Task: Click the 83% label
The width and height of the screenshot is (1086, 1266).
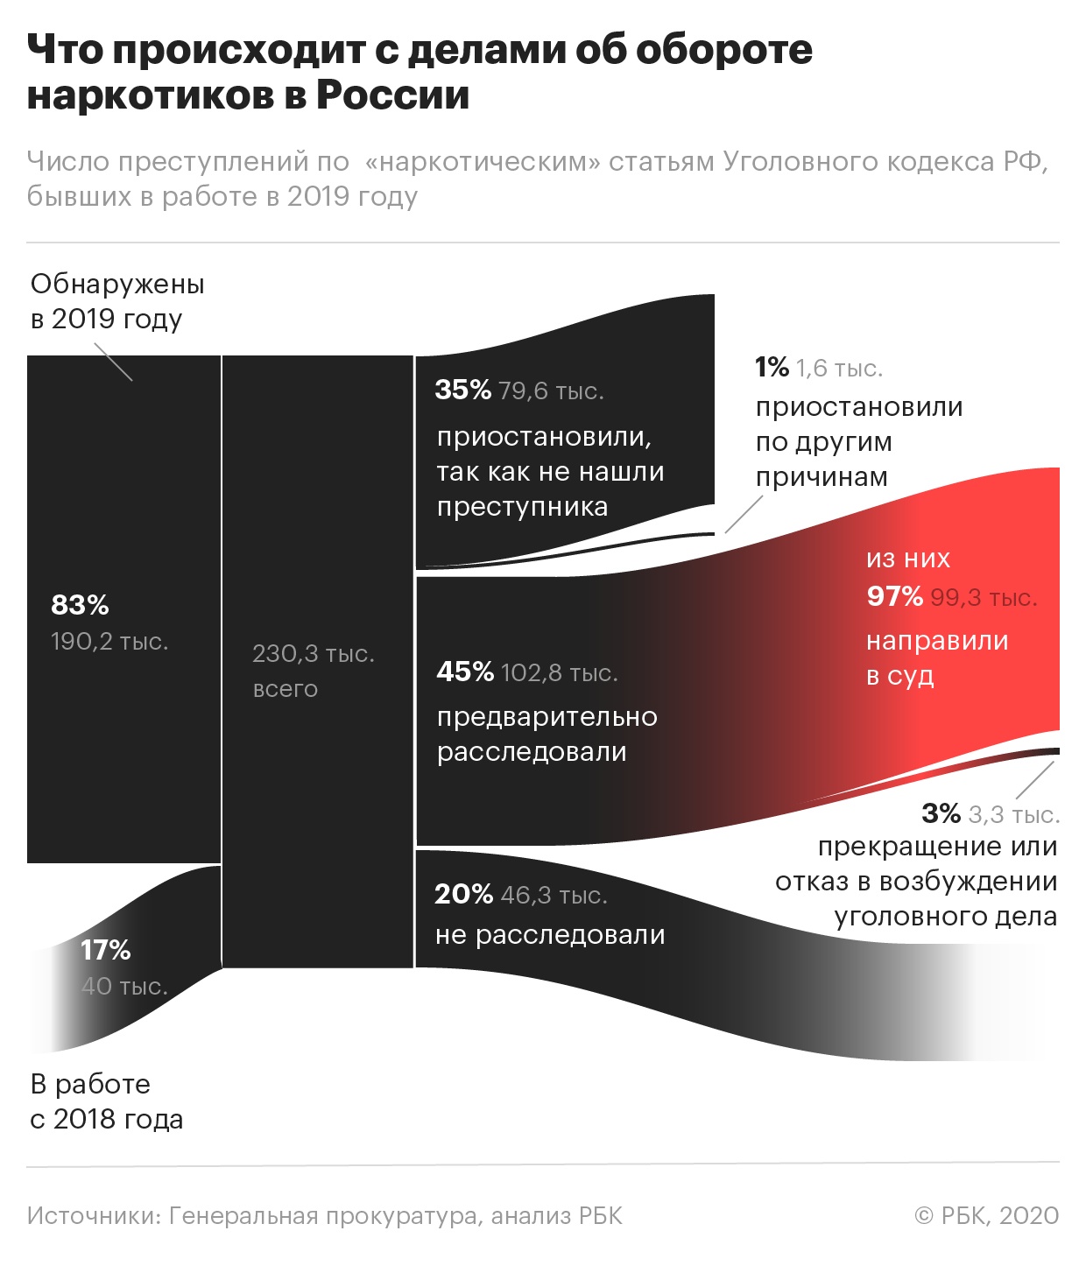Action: click(80, 605)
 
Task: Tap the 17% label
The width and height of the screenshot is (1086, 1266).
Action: click(105, 950)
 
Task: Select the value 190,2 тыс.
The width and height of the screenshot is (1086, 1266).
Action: click(109, 642)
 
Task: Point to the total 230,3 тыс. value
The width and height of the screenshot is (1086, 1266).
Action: click(313, 654)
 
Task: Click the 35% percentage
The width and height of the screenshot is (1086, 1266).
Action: click(462, 390)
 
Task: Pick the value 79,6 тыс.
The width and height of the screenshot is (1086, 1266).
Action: click(551, 390)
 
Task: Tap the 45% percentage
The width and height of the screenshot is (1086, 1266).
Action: click(465, 672)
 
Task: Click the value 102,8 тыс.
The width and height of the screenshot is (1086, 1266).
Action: click(559, 672)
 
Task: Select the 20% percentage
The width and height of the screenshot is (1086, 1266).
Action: click(463, 894)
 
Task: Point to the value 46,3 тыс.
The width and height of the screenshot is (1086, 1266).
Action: click(554, 895)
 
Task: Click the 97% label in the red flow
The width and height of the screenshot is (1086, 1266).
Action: click(894, 596)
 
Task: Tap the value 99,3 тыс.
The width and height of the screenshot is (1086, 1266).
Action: click(983, 598)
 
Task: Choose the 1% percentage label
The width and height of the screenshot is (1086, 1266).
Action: click(772, 367)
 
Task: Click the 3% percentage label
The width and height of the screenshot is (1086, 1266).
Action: click(941, 813)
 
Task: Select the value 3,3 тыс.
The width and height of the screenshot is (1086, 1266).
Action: click(1013, 814)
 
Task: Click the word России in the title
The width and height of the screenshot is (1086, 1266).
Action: click(392, 95)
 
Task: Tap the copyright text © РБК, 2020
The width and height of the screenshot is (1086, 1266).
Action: click(986, 1215)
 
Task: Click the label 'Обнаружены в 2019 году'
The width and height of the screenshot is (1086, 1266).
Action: click(116, 301)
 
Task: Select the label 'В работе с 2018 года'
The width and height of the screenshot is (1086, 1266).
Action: click(106, 1101)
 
